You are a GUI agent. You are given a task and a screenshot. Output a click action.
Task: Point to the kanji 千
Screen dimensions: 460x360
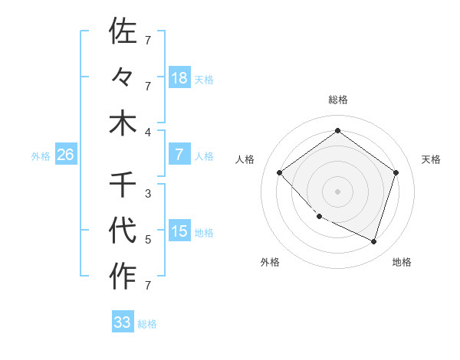pos(123,185)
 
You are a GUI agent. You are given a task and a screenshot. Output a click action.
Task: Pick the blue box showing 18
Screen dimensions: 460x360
pos(179,78)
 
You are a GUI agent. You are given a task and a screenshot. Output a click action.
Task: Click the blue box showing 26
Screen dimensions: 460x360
pos(65,155)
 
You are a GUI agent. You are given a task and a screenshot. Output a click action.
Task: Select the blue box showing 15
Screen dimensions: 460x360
pos(179,231)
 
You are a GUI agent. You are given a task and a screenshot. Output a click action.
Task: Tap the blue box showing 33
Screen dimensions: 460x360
pos(122,322)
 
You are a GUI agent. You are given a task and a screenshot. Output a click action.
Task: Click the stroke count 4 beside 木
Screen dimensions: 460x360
pos(148,131)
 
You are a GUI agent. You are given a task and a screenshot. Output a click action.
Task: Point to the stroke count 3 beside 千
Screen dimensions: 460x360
pos(148,193)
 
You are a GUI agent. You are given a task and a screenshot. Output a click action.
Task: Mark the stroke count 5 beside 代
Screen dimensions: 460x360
pos(148,239)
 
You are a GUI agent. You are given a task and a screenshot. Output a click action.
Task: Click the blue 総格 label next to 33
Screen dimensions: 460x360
pos(147,324)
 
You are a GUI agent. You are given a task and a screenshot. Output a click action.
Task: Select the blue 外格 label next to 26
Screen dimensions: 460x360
pos(41,156)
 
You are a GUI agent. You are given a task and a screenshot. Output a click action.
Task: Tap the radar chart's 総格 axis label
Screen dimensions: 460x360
pos(337,100)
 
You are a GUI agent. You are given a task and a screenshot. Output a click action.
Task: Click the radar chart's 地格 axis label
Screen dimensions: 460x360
pos(402,262)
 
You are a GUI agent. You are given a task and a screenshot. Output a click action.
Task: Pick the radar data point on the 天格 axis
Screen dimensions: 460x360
pos(396,172)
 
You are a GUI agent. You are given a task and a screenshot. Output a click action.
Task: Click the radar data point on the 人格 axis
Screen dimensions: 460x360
pos(279,172)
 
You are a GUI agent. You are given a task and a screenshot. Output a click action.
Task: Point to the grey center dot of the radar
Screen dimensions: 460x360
pos(337,191)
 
